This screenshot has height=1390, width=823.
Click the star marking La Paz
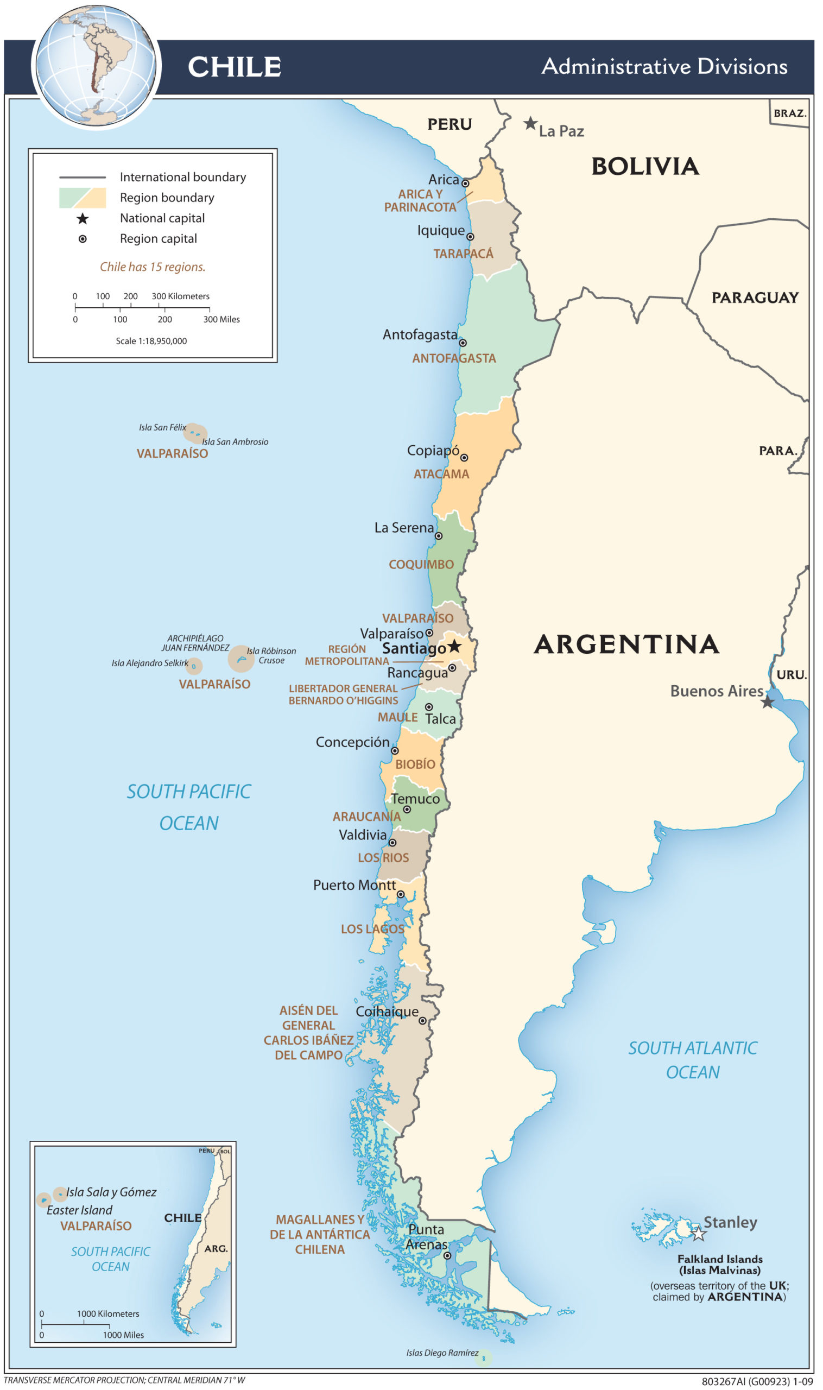[x=530, y=123]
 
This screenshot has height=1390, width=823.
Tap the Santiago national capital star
[x=454, y=646]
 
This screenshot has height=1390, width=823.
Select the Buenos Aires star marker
[x=767, y=702]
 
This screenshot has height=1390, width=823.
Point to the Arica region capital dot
[x=465, y=184]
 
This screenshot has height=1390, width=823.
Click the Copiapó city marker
[x=464, y=458]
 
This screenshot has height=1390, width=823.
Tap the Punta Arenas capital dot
[x=447, y=1256]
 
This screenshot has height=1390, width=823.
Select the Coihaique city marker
[x=422, y=1021]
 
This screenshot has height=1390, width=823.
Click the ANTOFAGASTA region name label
[x=454, y=359]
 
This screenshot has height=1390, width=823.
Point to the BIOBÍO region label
[x=415, y=764]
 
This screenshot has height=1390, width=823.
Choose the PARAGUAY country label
[x=755, y=298]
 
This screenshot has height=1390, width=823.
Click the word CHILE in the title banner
[x=234, y=67]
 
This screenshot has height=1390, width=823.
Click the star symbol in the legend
[x=83, y=218]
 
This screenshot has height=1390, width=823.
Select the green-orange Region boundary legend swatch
[x=83, y=198]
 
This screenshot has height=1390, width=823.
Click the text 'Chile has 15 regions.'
[x=153, y=267]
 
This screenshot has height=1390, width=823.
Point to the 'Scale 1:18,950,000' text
[x=151, y=341]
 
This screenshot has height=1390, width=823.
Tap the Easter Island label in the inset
[x=79, y=1210]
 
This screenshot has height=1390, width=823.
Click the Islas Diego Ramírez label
[x=442, y=1354]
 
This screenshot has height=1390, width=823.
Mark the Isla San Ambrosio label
[x=235, y=442]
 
